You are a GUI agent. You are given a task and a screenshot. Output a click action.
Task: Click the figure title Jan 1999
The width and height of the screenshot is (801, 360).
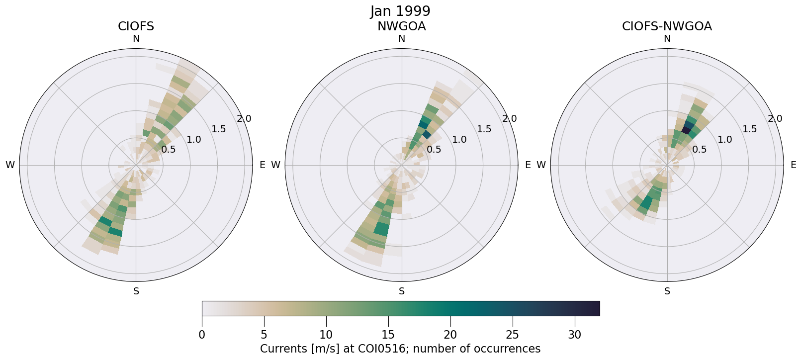click(x=400, y=11)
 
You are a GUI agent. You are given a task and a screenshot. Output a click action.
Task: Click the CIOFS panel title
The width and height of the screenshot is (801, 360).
click(x=136, y=26)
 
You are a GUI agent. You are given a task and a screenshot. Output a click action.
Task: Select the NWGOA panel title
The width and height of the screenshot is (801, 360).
click(x=401, y=26)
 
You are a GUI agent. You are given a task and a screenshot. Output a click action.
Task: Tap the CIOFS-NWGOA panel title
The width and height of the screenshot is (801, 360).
click(x=667, y=26)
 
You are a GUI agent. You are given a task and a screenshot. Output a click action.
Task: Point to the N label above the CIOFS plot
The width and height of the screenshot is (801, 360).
click(x=136, y=39)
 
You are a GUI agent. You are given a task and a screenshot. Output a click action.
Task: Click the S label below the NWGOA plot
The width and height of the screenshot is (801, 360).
click(x=402, y=291)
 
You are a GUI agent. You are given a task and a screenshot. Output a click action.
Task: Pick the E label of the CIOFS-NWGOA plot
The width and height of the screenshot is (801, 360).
click(x=794, y=165)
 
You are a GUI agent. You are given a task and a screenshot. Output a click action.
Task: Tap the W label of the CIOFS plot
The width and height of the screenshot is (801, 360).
click(x=10, y=165)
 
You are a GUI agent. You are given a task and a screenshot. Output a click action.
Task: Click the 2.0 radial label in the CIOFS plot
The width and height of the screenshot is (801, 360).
click(x=244, y=119)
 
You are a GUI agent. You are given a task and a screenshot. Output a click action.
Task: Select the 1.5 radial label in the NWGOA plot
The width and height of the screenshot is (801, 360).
click(x=484, y=129)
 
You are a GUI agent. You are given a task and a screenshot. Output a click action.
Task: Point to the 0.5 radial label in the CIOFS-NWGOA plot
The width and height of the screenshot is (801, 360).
click(x=700, y=150)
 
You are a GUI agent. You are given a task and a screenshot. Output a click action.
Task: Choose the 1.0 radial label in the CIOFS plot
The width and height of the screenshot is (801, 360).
click(x=194, y=140)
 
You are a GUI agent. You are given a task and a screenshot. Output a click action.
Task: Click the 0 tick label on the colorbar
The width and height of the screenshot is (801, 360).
click(x=202, y=335)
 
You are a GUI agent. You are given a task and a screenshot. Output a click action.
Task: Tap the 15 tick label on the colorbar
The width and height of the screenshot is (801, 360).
click(x=388, y=335)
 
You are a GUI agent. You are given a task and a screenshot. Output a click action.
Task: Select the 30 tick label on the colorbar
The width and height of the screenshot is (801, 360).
click(x=574, y=335)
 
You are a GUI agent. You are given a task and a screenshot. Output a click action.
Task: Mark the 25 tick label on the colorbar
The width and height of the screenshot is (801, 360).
click(x=512, y=335)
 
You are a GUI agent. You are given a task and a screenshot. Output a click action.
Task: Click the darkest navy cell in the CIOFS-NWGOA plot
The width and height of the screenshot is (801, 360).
click(x=687, y=129)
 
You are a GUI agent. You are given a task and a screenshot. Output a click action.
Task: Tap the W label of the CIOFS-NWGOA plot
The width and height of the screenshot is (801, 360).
click(x=541, y=165)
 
